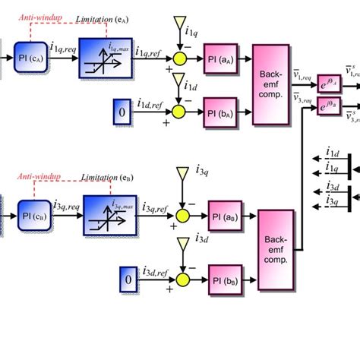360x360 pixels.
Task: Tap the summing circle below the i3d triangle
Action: [x=182, y=273]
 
